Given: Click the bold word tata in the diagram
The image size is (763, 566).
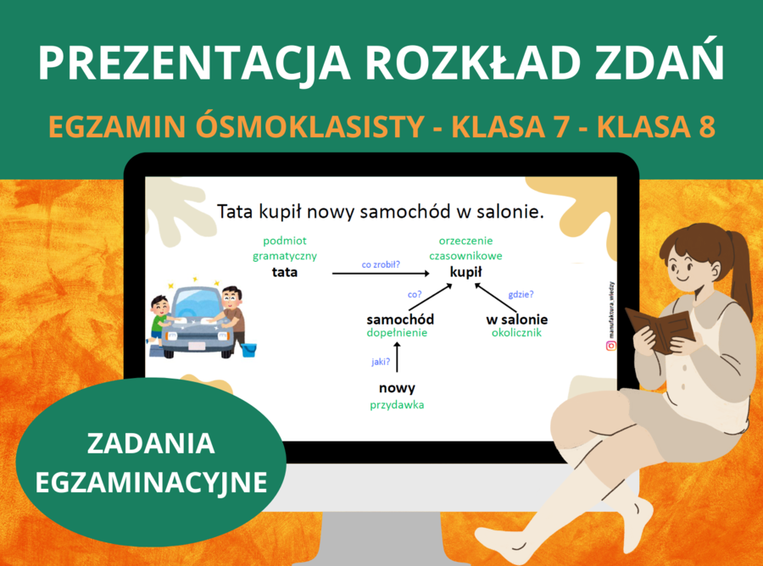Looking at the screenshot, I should [x=285, y=273].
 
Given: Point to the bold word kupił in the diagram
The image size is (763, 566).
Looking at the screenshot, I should [x=466, y=273].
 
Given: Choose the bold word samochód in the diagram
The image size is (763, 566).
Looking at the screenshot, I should [x=400, y=319].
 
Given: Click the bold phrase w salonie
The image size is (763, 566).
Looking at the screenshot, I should [x=516, y=319].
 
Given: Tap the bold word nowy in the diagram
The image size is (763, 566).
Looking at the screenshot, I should [x=397, y=388].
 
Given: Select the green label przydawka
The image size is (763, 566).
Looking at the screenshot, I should [x=397, y=405].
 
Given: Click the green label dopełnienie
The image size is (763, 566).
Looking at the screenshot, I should [x=397, y=333].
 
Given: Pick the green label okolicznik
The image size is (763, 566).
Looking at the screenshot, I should [x=516, y=333].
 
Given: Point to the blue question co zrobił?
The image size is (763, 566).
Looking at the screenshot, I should [x=381, y=264].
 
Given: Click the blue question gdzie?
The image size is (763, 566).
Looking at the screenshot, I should [x=521, y=295].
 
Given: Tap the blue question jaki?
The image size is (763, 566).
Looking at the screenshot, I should [x=381, y=361].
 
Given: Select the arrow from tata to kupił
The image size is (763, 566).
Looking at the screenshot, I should [x=381, y=274].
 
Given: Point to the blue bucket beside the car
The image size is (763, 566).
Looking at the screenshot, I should [x=248, y=349].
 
